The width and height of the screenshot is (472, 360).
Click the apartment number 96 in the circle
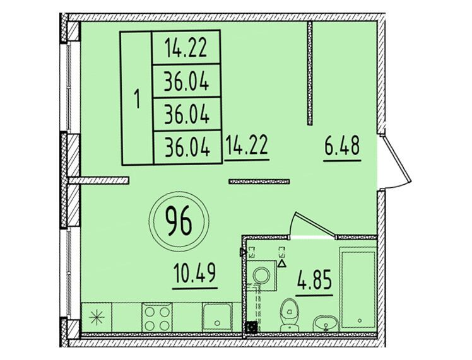pyautogui.click(x=178, y=222)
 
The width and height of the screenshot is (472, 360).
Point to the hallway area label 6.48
pyautogui.click(x=342, y=146)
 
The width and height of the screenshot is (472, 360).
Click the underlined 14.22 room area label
pyautogui.click(x=247, y=145)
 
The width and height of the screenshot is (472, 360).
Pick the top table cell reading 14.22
pyautogui.click(x=186, y=48)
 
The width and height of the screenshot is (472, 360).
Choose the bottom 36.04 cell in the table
pyautogui.click(x=187, y=148)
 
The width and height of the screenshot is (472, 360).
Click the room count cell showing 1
pyautogui.click(x=137, y=98)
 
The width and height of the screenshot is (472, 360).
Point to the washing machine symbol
pyautogui.click(x=262, y=276)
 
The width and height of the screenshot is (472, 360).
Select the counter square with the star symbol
pyautogui.click(x=97, y=317)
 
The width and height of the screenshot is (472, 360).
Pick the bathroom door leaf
pyautogui.click(x=314, y=223)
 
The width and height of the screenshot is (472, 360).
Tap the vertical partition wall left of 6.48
pyautogui.click(x=310, y=73)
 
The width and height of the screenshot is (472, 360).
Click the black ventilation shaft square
pyautogui.click(x=251, y=327)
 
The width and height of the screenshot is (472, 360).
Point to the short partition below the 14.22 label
pyautogui.click(x=259, y=182)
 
